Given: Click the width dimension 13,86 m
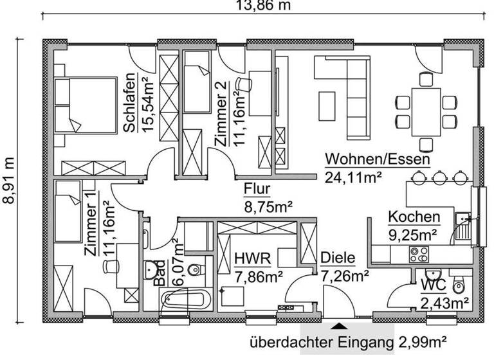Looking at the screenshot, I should click(264, 6).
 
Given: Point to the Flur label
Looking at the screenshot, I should click(257, 190).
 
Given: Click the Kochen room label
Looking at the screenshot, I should click(414, 217).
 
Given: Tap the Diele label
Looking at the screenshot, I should click(338, 259).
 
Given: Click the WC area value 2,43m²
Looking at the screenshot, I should click(444, 301).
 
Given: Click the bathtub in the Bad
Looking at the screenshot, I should click(184, 299).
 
